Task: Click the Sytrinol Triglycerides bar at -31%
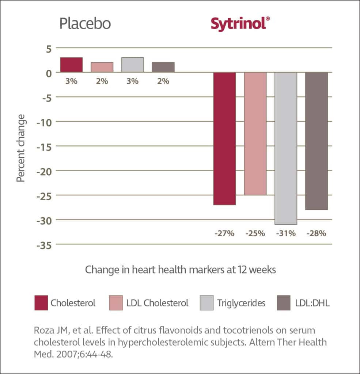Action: pyautogui.click(x=286, y=148)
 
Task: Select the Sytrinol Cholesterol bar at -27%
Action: pyautogui.click(x=224, y=138)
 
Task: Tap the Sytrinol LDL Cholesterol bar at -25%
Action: pyautogui.click(x=255, y=133)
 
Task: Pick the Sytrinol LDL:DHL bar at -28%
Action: pyautogui.click(x=317, y=141)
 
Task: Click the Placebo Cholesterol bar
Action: pyautogui.click(x=71, y=65)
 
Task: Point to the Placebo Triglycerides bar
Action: pyautogui.click(x=132, y=65)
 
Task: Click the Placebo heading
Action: pyautogui.click(x=85, y=24)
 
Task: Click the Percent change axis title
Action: pyautogui.click(x=21, y=148)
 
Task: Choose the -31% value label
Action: pyautogui.click(x=286, y=233)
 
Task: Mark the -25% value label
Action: pyautogui.click(x=255, y=233)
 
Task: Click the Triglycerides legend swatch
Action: pyautogui.click(x=207, y=303)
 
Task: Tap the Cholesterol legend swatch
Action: pyautogui.click(x=41, y=303)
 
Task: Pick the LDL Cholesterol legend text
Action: pyautogui.click(x=158, y=303)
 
